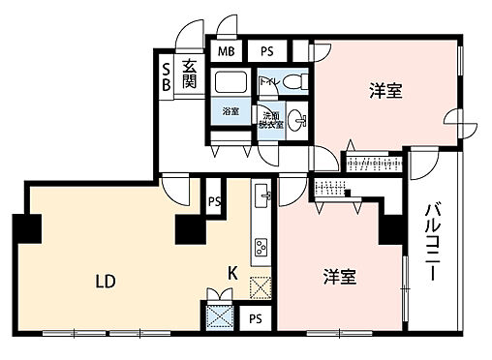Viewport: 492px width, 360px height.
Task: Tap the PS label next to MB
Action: click(x=265, y=52)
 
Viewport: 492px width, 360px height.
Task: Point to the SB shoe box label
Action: click(x=166, y=76)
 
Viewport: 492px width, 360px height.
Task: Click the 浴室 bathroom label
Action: click(x=231, y=110)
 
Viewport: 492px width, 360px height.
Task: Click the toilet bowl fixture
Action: click(x=296, y=82)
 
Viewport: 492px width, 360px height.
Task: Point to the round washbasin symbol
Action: click(x=300, y=121)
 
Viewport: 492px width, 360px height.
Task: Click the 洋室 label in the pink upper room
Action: click(x=385, y=92)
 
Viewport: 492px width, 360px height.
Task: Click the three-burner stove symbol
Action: click(x=261, y=251)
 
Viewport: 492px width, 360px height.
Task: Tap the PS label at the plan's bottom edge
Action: click(x=255, y=318)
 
